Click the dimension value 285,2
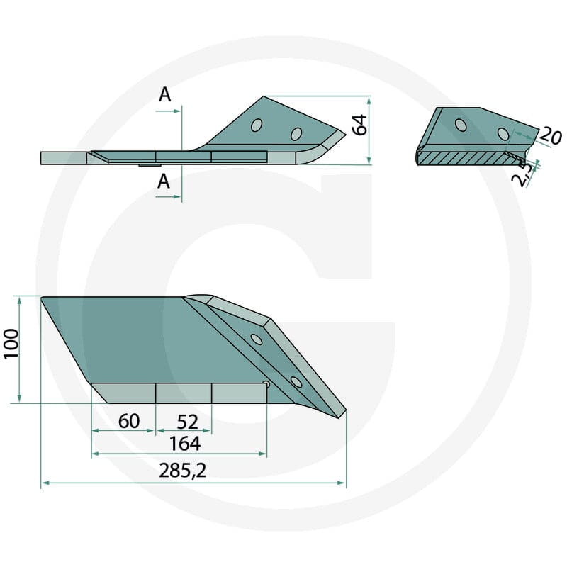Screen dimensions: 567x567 (183, 471)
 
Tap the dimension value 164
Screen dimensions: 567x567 (185, 444)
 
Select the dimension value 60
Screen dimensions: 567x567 (129, 421)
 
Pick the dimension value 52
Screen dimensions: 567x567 (188, 422)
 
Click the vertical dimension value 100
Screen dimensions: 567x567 (11, 344)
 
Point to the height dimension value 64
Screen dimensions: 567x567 (360, 125)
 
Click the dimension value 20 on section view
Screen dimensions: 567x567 (551, 136)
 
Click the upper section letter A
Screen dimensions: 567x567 (165, 95)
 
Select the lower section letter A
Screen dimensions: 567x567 (164, 181)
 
